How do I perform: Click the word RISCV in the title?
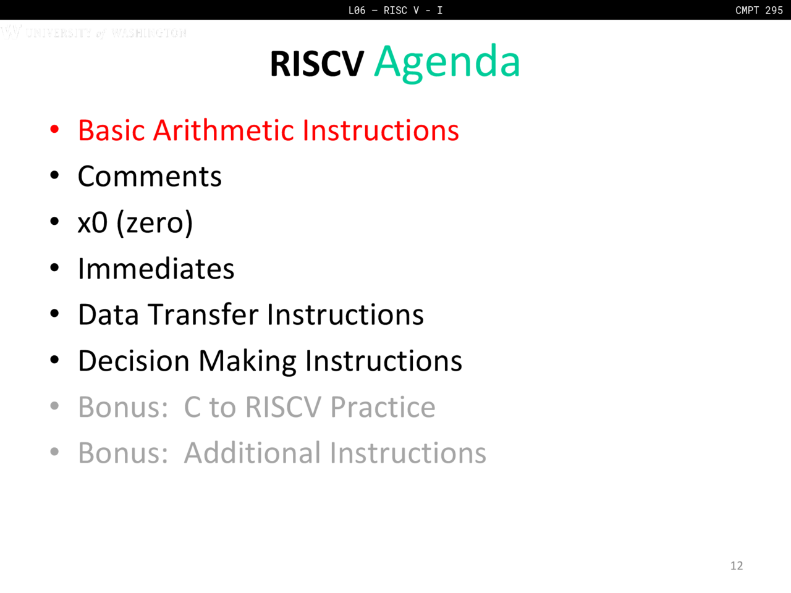coord(317,64)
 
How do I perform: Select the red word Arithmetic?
coord(224,130)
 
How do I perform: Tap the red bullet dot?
coord(54,130)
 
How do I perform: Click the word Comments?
coord(150,177)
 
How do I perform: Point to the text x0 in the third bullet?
coord(93,223)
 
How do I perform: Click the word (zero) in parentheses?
coord(154,224)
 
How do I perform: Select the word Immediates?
coord(156,269)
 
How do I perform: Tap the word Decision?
coord(133,361)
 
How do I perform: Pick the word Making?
coord(248,362)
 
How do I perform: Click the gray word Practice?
coord(383,407)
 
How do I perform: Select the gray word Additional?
coord(252,453)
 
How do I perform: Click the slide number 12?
coord(737,566)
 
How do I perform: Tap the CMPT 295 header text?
coord(759,10)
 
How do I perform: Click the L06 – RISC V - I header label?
coord(395,10)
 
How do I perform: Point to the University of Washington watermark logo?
coord(94,32)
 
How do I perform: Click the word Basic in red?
coord(111,130)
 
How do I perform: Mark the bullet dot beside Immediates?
coord(54,268)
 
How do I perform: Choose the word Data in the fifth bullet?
coord(109,314)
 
